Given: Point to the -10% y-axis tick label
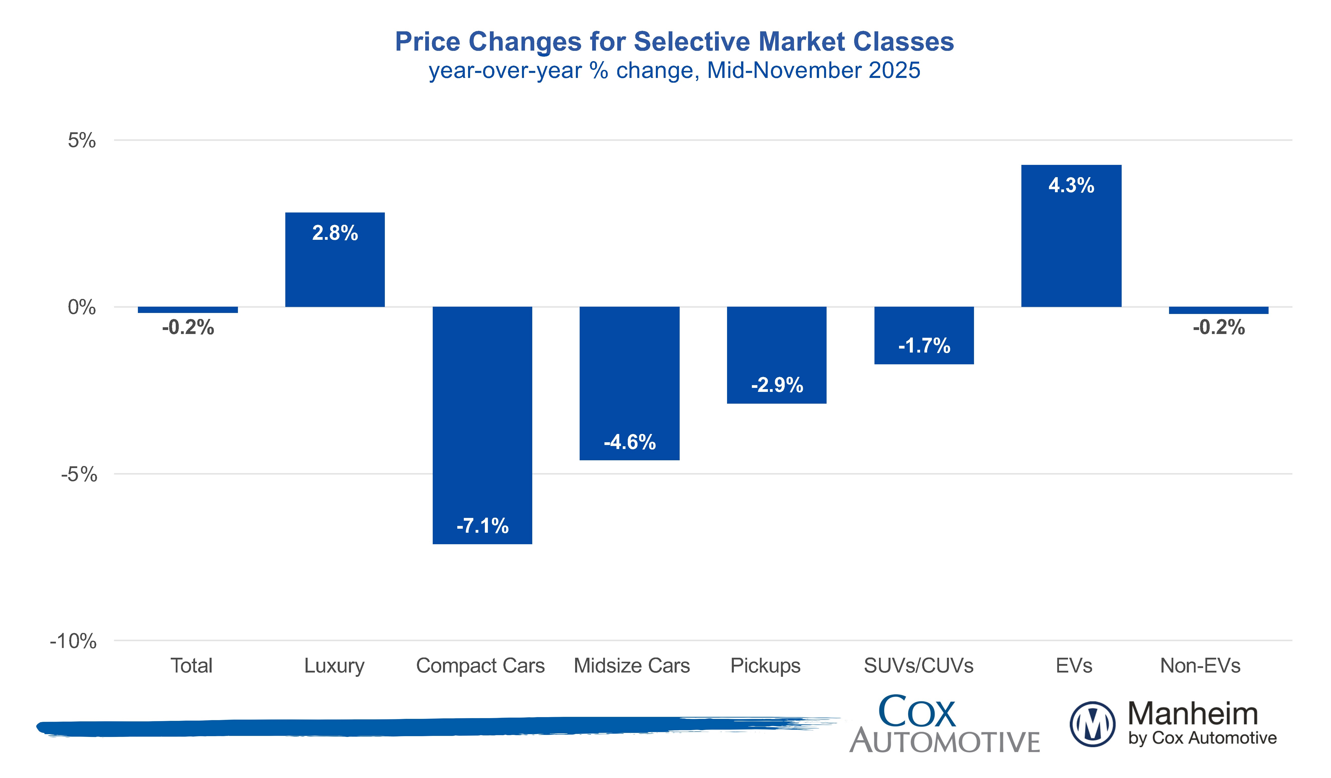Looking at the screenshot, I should click(x=73, y=641).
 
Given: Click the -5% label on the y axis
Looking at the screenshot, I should click(x=79, y=475).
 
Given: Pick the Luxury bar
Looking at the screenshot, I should click(x=335, y=269).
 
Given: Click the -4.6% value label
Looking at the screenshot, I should click(x=630, y=442).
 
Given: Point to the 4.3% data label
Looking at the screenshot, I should click(x=1071, y=185).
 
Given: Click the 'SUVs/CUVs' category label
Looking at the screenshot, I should click(x=919, y=665).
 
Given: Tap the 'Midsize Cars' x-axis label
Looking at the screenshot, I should click(x=632, y=665).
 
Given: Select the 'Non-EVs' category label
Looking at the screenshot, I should click(x=1200, y=665).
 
